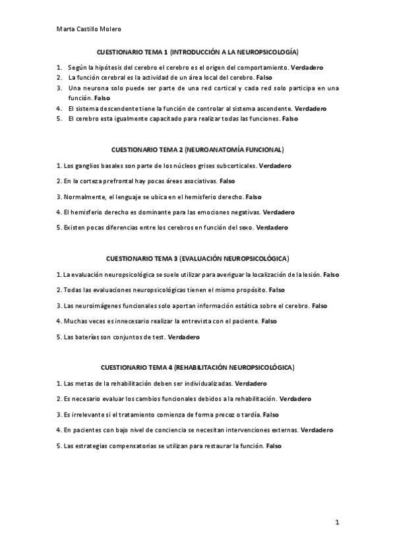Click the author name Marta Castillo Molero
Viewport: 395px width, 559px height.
click(x=89, y=28)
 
